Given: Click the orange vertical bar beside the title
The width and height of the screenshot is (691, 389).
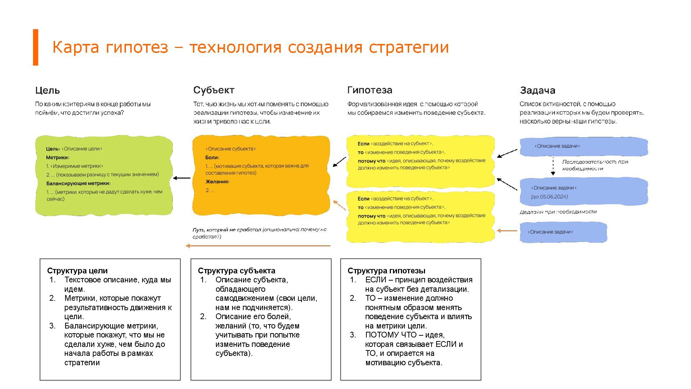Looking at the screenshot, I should coord(36,47).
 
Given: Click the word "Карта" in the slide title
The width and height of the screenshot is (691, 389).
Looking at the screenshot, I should coord(75,47).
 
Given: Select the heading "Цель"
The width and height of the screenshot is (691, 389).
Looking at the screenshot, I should coord(48,90).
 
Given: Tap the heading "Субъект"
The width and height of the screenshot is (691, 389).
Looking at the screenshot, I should coord(214,90).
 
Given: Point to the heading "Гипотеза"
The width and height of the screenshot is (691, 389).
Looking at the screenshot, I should coord(370,90).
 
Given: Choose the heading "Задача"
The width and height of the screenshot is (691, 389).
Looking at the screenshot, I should coord(537,90).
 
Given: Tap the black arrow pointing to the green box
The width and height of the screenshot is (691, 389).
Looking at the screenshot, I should coord(182,178).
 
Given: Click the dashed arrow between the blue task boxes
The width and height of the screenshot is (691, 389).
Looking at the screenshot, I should coord(553,166).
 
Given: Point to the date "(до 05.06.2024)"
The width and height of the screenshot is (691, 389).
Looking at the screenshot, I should coord(549,197).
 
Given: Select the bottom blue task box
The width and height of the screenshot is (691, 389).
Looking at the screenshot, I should coord(563,232).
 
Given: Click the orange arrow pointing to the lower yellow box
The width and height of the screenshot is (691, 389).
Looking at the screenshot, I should coord(507,231).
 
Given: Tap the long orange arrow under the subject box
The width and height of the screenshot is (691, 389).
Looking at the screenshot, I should coord(258,246).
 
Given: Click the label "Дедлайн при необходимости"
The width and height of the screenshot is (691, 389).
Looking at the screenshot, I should coord(558,212).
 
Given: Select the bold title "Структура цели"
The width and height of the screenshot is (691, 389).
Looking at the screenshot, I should coord(77,271).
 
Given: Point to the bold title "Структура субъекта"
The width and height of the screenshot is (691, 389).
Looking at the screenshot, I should coord(236,271).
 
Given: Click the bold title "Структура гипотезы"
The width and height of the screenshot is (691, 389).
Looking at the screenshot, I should coord(387,271).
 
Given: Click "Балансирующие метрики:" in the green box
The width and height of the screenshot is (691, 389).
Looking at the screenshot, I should coord(78,183).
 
